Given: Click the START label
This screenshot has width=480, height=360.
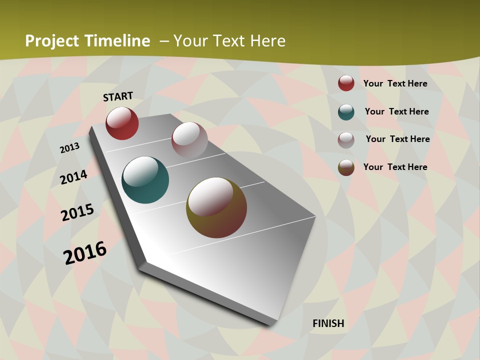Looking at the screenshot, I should point(118,96).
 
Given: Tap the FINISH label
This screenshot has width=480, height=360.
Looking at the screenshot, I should point(328,323).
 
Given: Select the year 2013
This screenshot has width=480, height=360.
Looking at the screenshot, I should point(69,148).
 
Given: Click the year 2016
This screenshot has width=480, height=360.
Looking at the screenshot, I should point(85,252).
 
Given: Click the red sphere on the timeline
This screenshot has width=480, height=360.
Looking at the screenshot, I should point(122,123).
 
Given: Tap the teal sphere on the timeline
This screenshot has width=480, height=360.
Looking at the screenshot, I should point(145,180).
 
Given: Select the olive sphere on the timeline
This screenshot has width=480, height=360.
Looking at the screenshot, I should point(216,207).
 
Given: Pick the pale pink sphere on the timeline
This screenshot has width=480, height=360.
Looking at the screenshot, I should point(189,140).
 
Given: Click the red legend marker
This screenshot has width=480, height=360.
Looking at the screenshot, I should point(346,83).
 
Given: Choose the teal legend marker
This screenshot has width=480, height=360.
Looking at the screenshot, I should point(346,112).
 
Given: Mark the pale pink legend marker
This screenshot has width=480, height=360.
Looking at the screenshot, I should point(346,140).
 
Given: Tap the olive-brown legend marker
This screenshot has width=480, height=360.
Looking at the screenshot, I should point(346,167).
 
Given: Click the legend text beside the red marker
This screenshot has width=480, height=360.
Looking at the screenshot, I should point(395,83).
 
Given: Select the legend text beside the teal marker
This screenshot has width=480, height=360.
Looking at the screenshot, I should point(396,111).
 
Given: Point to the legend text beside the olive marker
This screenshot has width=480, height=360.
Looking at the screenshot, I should point(395,167).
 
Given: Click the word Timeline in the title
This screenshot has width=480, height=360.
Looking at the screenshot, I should point(117,41).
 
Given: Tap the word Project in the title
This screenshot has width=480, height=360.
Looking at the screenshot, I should point(52,41).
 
